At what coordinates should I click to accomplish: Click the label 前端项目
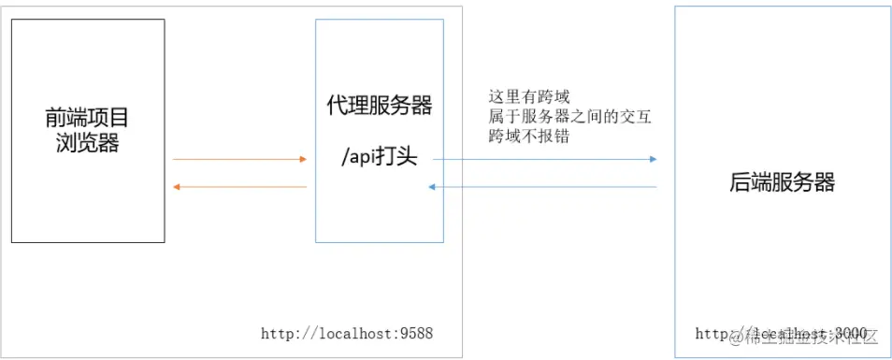[87, 118]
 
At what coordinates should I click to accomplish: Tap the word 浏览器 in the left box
[87, 144]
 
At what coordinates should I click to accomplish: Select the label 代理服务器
[380, 106]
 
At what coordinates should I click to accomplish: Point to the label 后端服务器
[782, 182]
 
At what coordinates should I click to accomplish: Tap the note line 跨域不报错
[529, 137]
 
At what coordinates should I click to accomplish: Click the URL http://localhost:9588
[347, 332]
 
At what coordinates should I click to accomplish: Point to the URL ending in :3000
[782, 333]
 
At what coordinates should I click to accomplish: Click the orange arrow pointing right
[239, 159]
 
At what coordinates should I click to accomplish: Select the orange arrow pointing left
[239, 187]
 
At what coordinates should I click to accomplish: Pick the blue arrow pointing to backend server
[545, 159]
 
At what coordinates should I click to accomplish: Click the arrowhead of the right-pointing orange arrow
[303, 159]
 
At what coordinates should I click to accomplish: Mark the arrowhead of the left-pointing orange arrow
[178, 187]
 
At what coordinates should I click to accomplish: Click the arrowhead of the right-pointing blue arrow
[653, 159]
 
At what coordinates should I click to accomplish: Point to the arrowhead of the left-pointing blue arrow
[432, 187]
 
